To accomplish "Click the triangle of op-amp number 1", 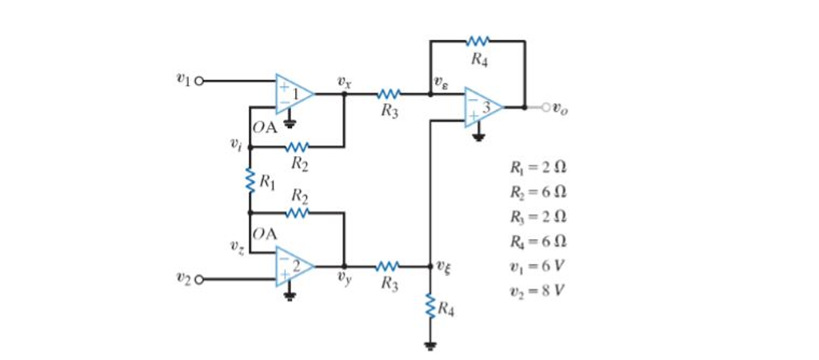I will click(294, 94).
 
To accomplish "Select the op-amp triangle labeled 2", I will click(294, 266).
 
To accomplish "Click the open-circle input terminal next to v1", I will click(199, 81).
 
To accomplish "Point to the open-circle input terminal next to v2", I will click(199, 279).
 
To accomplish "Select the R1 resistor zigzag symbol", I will click(250, 179).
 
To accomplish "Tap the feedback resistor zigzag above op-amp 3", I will click(477, 40).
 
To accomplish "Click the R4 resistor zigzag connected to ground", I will click(431, 306).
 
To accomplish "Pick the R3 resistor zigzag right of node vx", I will click(388, 94).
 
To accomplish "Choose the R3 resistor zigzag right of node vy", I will click(388, 266).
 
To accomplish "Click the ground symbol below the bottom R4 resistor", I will click(431, 345).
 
